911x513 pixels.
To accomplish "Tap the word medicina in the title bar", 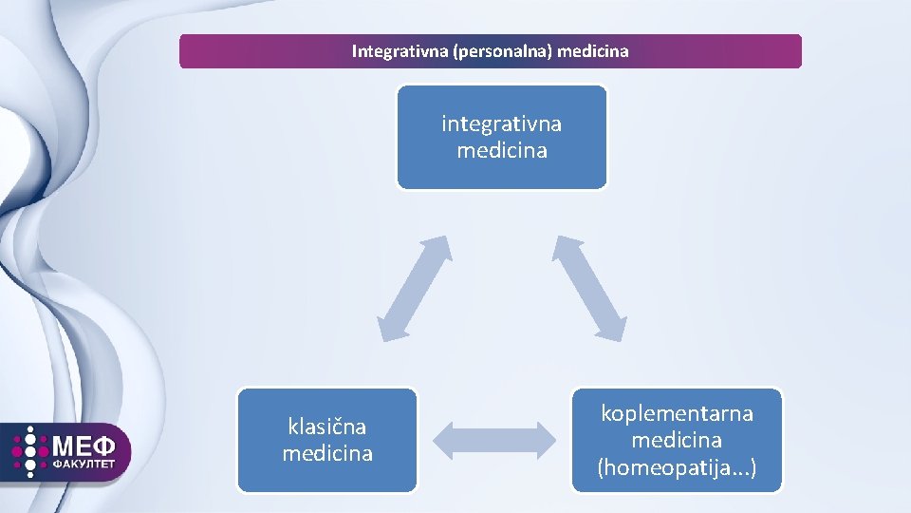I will (x=593, y=51).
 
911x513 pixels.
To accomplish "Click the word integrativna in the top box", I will (x=501, y=124).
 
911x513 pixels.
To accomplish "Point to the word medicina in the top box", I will (x=501, y=151).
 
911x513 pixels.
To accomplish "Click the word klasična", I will (x=326, y=427).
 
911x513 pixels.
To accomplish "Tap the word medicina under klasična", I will (x=326, y=454).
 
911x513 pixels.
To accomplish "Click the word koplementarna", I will (x=677, y=414).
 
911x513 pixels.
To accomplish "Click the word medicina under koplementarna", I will (x=677, y=441).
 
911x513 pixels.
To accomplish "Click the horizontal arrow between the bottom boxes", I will (x=493, y=440).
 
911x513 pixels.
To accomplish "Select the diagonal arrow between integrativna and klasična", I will (x=415, y=288).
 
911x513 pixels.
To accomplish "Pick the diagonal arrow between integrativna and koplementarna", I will (x=590, y=288).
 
